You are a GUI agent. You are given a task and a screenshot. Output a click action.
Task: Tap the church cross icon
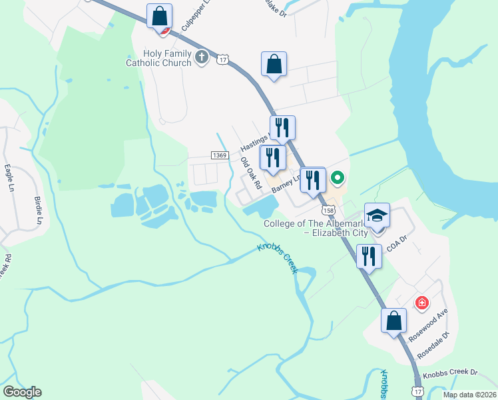[202, 58]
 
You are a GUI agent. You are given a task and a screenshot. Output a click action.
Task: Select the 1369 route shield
[220, 155]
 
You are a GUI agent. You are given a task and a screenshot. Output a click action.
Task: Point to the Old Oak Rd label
[250, 172]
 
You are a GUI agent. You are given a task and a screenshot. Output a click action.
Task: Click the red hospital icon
[421, 303]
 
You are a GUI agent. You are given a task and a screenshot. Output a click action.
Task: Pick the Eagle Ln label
[9, 179]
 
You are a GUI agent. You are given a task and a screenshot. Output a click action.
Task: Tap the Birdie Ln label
[38, 211]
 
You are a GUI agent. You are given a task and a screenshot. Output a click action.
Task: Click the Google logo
[22, 392]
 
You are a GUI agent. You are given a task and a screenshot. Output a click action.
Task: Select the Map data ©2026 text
[469, 395]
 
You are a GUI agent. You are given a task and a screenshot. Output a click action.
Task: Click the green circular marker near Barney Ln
[337, 178]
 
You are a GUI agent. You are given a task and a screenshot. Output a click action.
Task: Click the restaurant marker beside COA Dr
[369, 256]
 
